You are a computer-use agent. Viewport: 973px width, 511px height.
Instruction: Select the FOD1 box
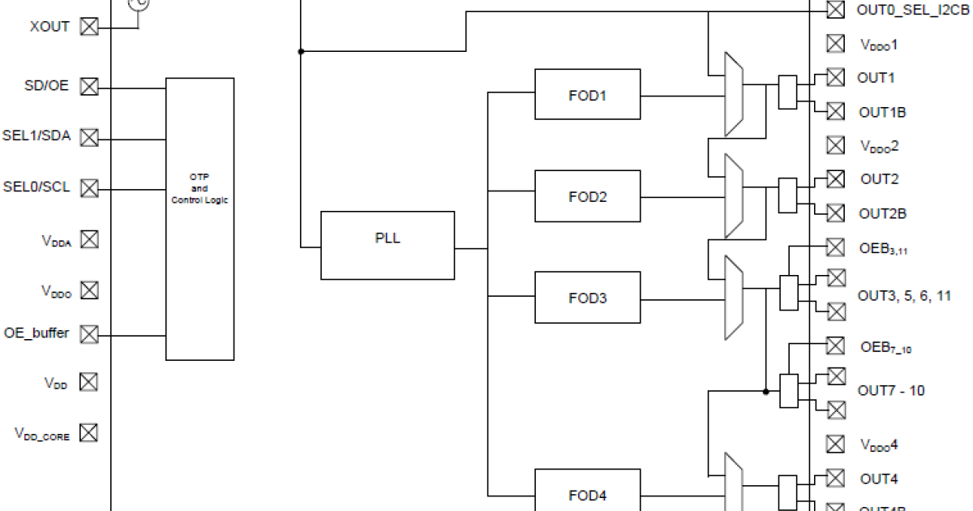tap(587, 95)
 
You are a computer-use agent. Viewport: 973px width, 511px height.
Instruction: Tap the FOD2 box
tap(587, 196)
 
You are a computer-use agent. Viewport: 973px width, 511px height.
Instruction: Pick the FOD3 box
tap(587, 298)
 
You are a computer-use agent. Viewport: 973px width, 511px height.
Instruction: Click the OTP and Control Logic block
tap(199, 219)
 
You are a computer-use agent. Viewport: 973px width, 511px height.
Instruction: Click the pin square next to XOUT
tap(88, 27)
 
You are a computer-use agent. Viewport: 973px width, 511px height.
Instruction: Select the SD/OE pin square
tap(88, 87)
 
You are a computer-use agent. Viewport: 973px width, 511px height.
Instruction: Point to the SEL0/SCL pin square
tap(88, 188)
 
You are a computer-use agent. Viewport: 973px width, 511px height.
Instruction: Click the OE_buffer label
tap(37, 333)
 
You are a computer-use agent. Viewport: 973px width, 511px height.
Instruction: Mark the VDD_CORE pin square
tap(88, 433)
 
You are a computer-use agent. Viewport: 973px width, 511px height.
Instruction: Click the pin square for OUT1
tap(835, 77)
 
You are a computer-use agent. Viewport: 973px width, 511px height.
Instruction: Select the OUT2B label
tap(882, 214)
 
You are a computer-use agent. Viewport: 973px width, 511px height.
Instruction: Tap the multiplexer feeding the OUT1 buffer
tap(733, 94)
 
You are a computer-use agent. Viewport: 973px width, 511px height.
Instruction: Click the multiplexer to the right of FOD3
tap(733, 297)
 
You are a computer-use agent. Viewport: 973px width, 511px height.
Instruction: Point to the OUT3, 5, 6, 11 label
tap(904, 296)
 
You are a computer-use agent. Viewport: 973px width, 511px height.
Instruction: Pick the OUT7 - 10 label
tap(890, 390)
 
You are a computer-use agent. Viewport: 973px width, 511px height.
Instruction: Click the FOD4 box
tap(587, 495)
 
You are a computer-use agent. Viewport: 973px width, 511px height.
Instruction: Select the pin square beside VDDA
tap(88, 239)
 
